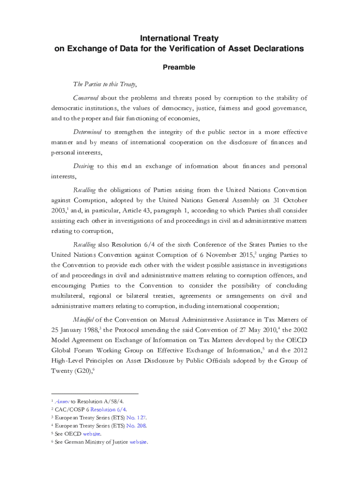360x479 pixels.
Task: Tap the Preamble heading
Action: pyautogui.click(x=179, y=67)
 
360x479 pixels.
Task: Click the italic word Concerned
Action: pyautogui.click(x=86, y=98)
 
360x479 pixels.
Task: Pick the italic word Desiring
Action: pyautogui.click(x=84, y=166)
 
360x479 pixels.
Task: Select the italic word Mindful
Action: pyautogui.click(x=84, y=320)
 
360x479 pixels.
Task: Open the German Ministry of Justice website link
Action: pyautogui.click(x=138, y=442)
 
